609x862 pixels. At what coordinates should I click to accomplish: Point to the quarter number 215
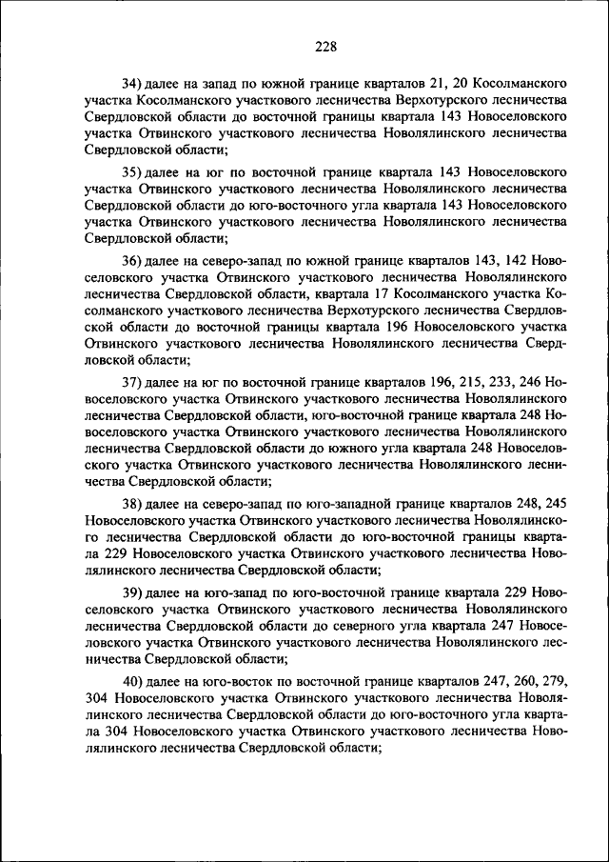[x=457, y=381]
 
